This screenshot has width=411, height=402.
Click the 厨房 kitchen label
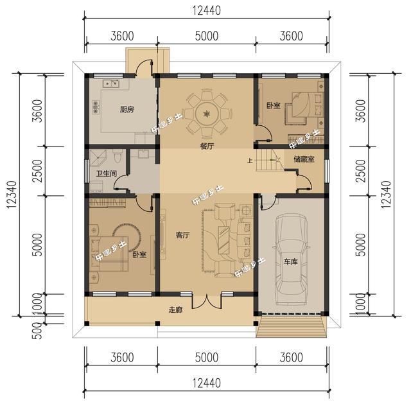127,110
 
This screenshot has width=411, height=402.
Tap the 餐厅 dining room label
206,147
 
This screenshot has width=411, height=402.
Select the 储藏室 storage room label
304,159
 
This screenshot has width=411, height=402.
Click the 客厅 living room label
182,235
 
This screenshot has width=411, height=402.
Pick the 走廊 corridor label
176,310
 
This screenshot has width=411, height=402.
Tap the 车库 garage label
290,262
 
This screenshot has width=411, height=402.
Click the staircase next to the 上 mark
267,161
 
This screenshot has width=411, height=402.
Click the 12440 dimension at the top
205,10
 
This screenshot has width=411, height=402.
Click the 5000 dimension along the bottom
205,358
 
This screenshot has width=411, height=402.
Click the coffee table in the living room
223,236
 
